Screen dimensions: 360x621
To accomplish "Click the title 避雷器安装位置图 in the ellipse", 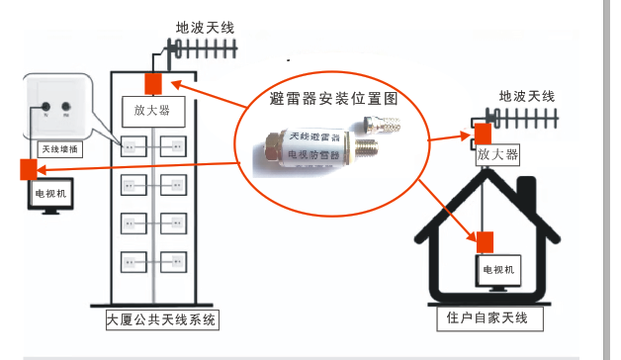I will [x=333, y=99].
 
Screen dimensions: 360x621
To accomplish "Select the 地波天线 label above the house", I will [x=527, y=97].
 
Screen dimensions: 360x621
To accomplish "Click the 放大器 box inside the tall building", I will [x=153, y=110].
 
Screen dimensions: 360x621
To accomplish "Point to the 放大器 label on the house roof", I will [x=496, y=154].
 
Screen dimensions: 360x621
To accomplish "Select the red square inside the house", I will [x=485, y=240].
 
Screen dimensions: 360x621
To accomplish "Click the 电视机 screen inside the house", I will [x=497, y=270].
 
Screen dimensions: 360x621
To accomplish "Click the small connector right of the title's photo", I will [x=381, y=126].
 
